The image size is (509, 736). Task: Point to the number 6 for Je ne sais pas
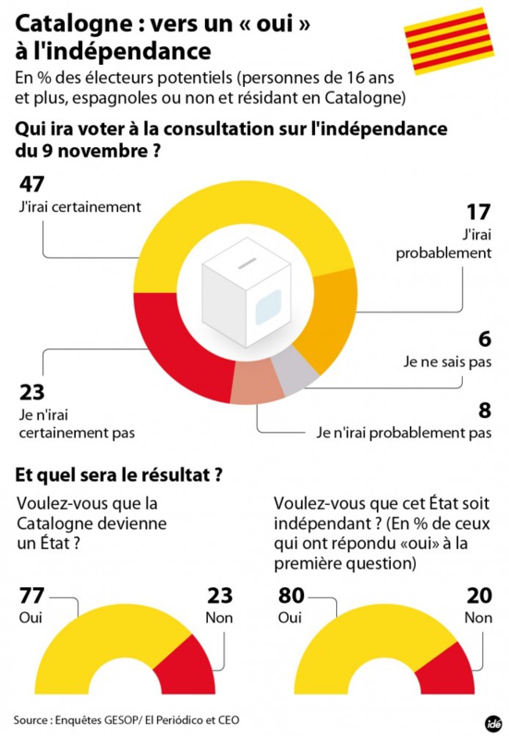[484, 340]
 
